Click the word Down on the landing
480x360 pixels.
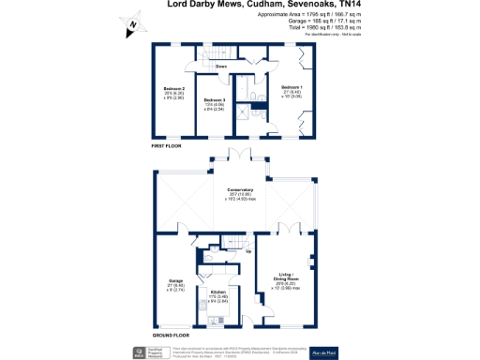pyautogui.click(x=222, y=67)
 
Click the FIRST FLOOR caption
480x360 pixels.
pyautogui.click(x=166, y=145)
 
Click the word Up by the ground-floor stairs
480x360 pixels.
pyautogui.click(x=247, y=252)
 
